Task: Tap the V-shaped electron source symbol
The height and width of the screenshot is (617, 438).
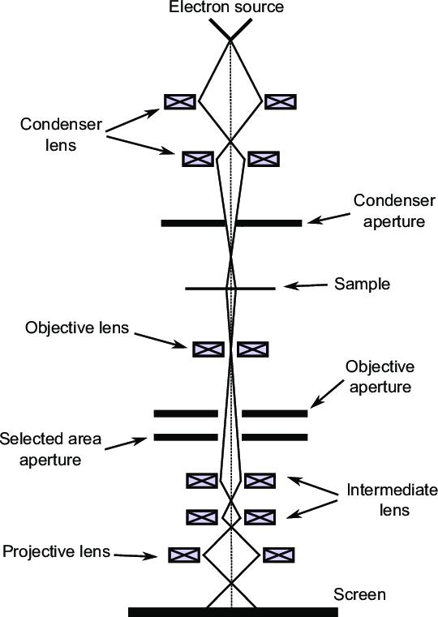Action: (x=232, y=29)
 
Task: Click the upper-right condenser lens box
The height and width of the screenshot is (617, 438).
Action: (x=281, y=101)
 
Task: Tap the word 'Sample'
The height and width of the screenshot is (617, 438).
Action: (x=363, y=284)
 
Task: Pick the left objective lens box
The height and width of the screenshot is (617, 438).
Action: (x=208, y=349)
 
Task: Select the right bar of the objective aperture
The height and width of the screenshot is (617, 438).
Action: (x=275, y=413)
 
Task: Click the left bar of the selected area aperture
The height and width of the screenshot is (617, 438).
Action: (x=186, y=438)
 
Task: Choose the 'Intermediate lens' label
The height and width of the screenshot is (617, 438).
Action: (x=391, y=500)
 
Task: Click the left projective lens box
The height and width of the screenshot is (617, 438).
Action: (x=183, y=555)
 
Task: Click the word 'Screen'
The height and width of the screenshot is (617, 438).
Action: (x=363, y=594)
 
